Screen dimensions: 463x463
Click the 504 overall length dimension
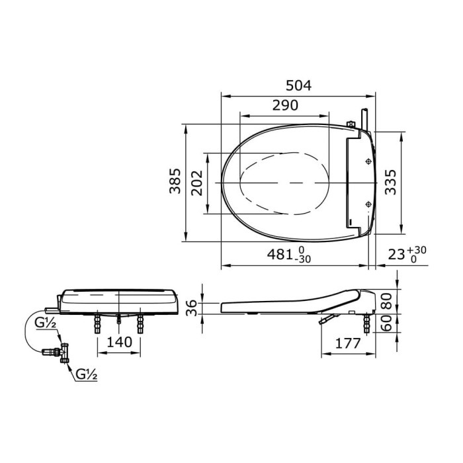[x=298, y=85]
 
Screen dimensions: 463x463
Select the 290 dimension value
[x=284, y=105]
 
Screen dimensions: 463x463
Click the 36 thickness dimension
[x=191, y=308]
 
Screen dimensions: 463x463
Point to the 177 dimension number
[x=344, y=343]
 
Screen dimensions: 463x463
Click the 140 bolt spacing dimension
[x=120, y=342]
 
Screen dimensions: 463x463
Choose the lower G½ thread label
[x=86, y=374]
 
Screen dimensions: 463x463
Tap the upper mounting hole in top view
[x=368, y=161]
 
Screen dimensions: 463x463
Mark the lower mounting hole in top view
[x=368, y=203]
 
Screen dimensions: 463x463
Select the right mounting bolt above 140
[x=140, y=323]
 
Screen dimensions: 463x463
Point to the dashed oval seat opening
[x=284, y=182]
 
